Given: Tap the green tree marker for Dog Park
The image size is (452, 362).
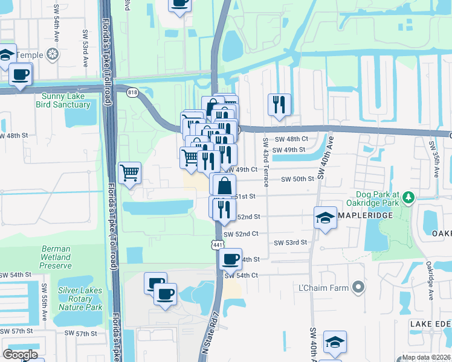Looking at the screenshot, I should point(408,197).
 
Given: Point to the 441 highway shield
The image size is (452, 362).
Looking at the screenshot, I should point(217,242).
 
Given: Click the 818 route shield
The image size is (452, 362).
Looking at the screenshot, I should point(132,91).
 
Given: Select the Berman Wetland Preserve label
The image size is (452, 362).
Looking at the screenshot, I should point(56,257).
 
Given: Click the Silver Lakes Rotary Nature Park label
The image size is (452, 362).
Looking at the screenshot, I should point(80,299).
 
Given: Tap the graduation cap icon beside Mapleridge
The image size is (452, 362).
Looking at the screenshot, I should point(325,217).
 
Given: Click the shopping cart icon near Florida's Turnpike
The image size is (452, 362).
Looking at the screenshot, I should point(130,173).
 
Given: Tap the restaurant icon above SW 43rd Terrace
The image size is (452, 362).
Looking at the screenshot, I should point(279,104).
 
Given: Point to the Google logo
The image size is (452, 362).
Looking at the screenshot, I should point(20,355).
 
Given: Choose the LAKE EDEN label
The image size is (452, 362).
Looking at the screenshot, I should point(430,325).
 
